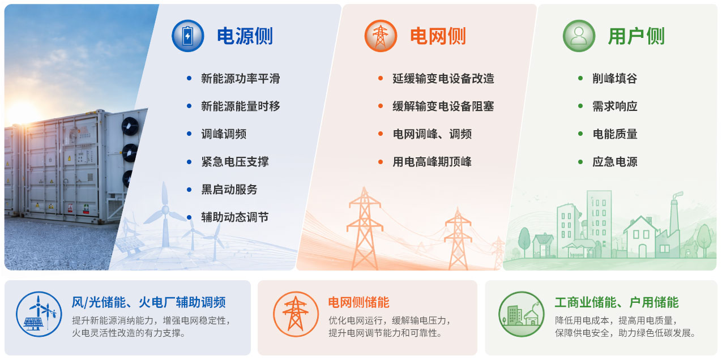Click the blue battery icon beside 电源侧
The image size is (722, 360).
tap(187, 36)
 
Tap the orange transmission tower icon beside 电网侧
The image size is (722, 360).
tap(381, 36)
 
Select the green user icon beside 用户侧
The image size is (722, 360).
tap(579, 36)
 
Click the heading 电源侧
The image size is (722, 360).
tap(245, 36)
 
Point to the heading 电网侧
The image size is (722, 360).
tap(438, 36)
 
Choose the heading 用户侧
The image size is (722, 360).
tap(636, 36)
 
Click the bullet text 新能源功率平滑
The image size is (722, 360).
tap(241, 78)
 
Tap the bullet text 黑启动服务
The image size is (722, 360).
tap(229, 190)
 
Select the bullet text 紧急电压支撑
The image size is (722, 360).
tap(235, 162)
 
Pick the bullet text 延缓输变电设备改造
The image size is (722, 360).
tap(443, 78)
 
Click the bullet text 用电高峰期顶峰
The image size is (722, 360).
tap(432, 162)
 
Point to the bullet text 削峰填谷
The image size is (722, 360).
tap(615, 78)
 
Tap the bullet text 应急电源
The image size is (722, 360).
tap(615, 162)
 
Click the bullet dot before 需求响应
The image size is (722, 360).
tap(580, 106)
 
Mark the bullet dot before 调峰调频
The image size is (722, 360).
tap(189, 134)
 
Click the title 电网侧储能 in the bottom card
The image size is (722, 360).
tap(359, 302)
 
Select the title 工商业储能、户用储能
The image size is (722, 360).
tap(617, 302)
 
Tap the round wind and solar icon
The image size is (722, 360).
tap(39, 314)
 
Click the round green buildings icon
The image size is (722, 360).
tap(521, 314)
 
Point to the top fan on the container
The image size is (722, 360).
tap(130, 126)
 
